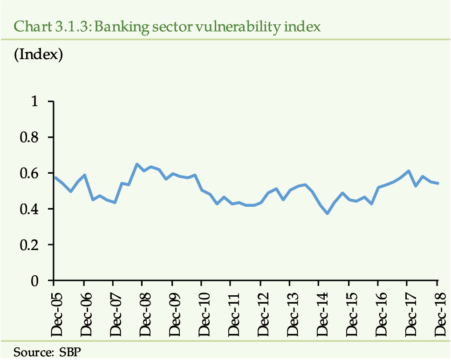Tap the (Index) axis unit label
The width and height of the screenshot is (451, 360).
[39, 54]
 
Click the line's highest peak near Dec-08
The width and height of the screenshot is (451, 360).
[137, 164]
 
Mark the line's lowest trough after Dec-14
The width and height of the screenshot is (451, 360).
[328, 213]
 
